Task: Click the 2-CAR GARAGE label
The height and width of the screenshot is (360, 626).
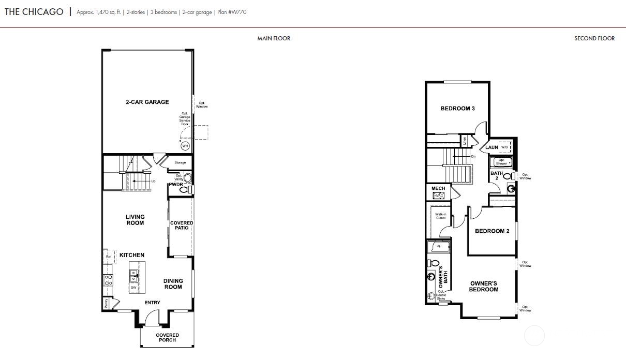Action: [147, 102]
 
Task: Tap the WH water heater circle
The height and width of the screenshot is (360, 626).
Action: [185, 146]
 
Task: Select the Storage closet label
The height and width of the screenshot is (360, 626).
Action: [180, 163]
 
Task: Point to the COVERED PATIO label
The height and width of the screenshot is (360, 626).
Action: [182, 226]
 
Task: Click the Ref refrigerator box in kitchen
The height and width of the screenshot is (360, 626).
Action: [109, 257]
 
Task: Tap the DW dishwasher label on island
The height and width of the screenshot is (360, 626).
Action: [133, 288]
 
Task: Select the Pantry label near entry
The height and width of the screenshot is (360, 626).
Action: [107, 303]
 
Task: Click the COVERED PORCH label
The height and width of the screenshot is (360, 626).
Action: [167, 337]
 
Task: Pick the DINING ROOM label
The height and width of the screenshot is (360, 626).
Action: [173, 284]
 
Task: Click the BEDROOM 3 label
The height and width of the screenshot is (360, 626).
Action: [457, 109]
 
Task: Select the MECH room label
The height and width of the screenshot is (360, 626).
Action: [438, 189]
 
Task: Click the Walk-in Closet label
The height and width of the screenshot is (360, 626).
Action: [440, 216]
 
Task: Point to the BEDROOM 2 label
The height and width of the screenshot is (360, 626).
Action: [492, 231]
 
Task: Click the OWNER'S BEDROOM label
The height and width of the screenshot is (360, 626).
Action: [484, 287]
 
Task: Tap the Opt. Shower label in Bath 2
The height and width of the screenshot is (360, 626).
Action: [502, 162]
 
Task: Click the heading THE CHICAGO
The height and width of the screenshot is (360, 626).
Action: [34, 11]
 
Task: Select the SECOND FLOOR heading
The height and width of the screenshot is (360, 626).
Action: [594, 38]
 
